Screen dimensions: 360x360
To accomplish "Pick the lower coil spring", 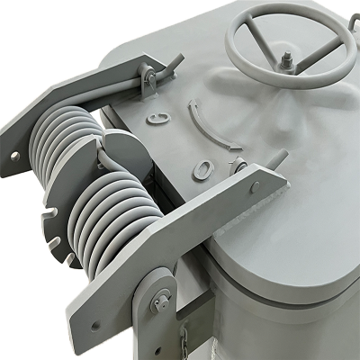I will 118,216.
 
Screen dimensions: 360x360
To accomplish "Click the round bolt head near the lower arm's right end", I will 256,186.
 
